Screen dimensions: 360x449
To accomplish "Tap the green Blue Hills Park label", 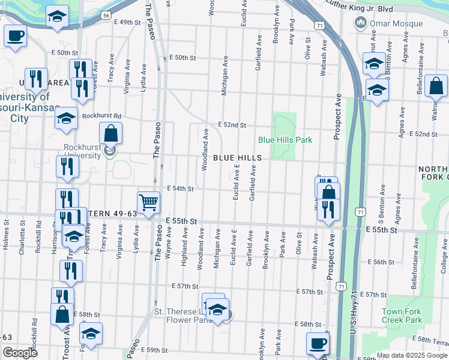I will pos(285,140).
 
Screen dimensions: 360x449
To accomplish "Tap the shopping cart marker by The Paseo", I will pos(148,202).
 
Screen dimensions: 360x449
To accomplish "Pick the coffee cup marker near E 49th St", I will pos(16,35).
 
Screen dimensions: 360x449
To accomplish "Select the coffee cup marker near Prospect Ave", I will pos(317,343).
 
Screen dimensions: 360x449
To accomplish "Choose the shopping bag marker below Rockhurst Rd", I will pos(111,133).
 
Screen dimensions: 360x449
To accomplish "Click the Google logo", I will pos(20,353).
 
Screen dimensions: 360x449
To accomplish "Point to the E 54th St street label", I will pos(180,188).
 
